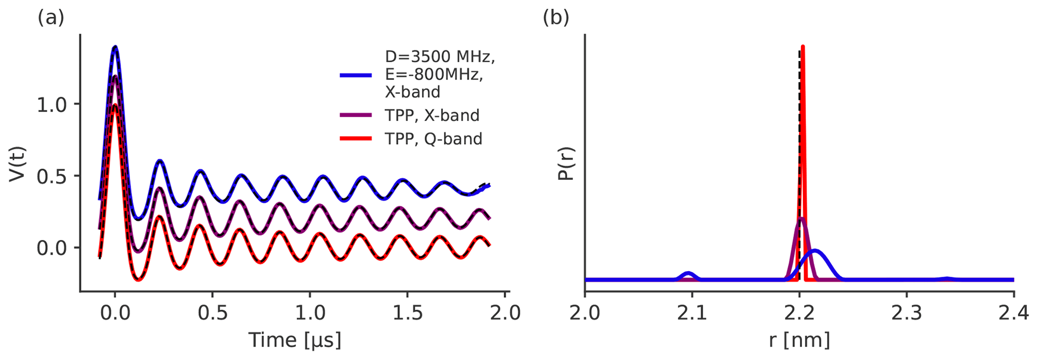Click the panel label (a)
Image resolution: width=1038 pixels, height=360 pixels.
tap(51, 18)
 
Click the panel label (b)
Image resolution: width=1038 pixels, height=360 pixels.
tap(556, 18)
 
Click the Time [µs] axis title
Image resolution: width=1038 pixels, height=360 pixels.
tap(295, 340)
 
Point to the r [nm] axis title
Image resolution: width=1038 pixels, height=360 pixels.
tap(799, 340)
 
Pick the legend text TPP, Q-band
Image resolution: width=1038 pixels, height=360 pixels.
tap(433, 139)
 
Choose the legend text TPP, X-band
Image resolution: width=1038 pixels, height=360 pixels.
tap(432, 115)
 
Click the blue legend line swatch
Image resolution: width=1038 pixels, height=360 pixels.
tap(356, 75)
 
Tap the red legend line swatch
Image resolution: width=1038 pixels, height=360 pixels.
tap(356, 139)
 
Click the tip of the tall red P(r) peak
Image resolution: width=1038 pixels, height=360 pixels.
tap(803, 47)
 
